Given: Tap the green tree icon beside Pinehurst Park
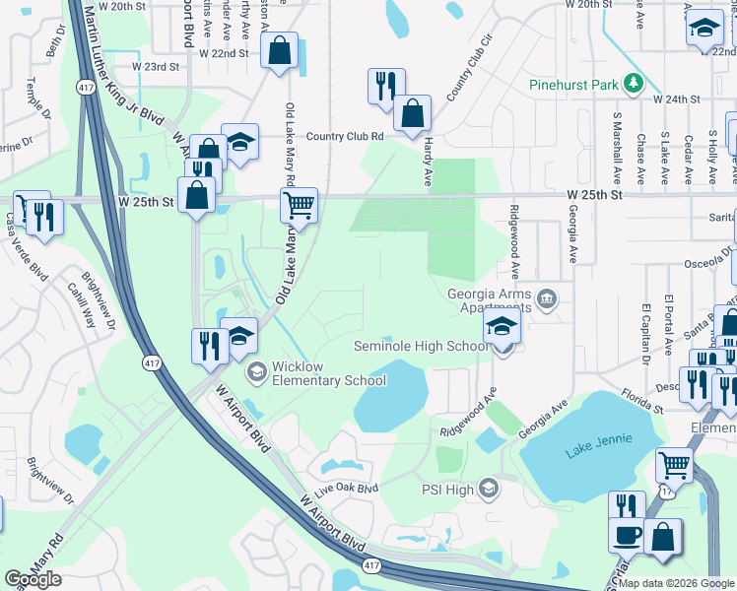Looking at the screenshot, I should click(636, 84).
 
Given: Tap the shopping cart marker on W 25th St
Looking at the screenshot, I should click(299, 207).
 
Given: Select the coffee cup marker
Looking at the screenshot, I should click(628, 537).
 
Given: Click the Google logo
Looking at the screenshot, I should click(33, 579).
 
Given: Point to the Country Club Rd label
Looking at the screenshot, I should click(344, 137).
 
